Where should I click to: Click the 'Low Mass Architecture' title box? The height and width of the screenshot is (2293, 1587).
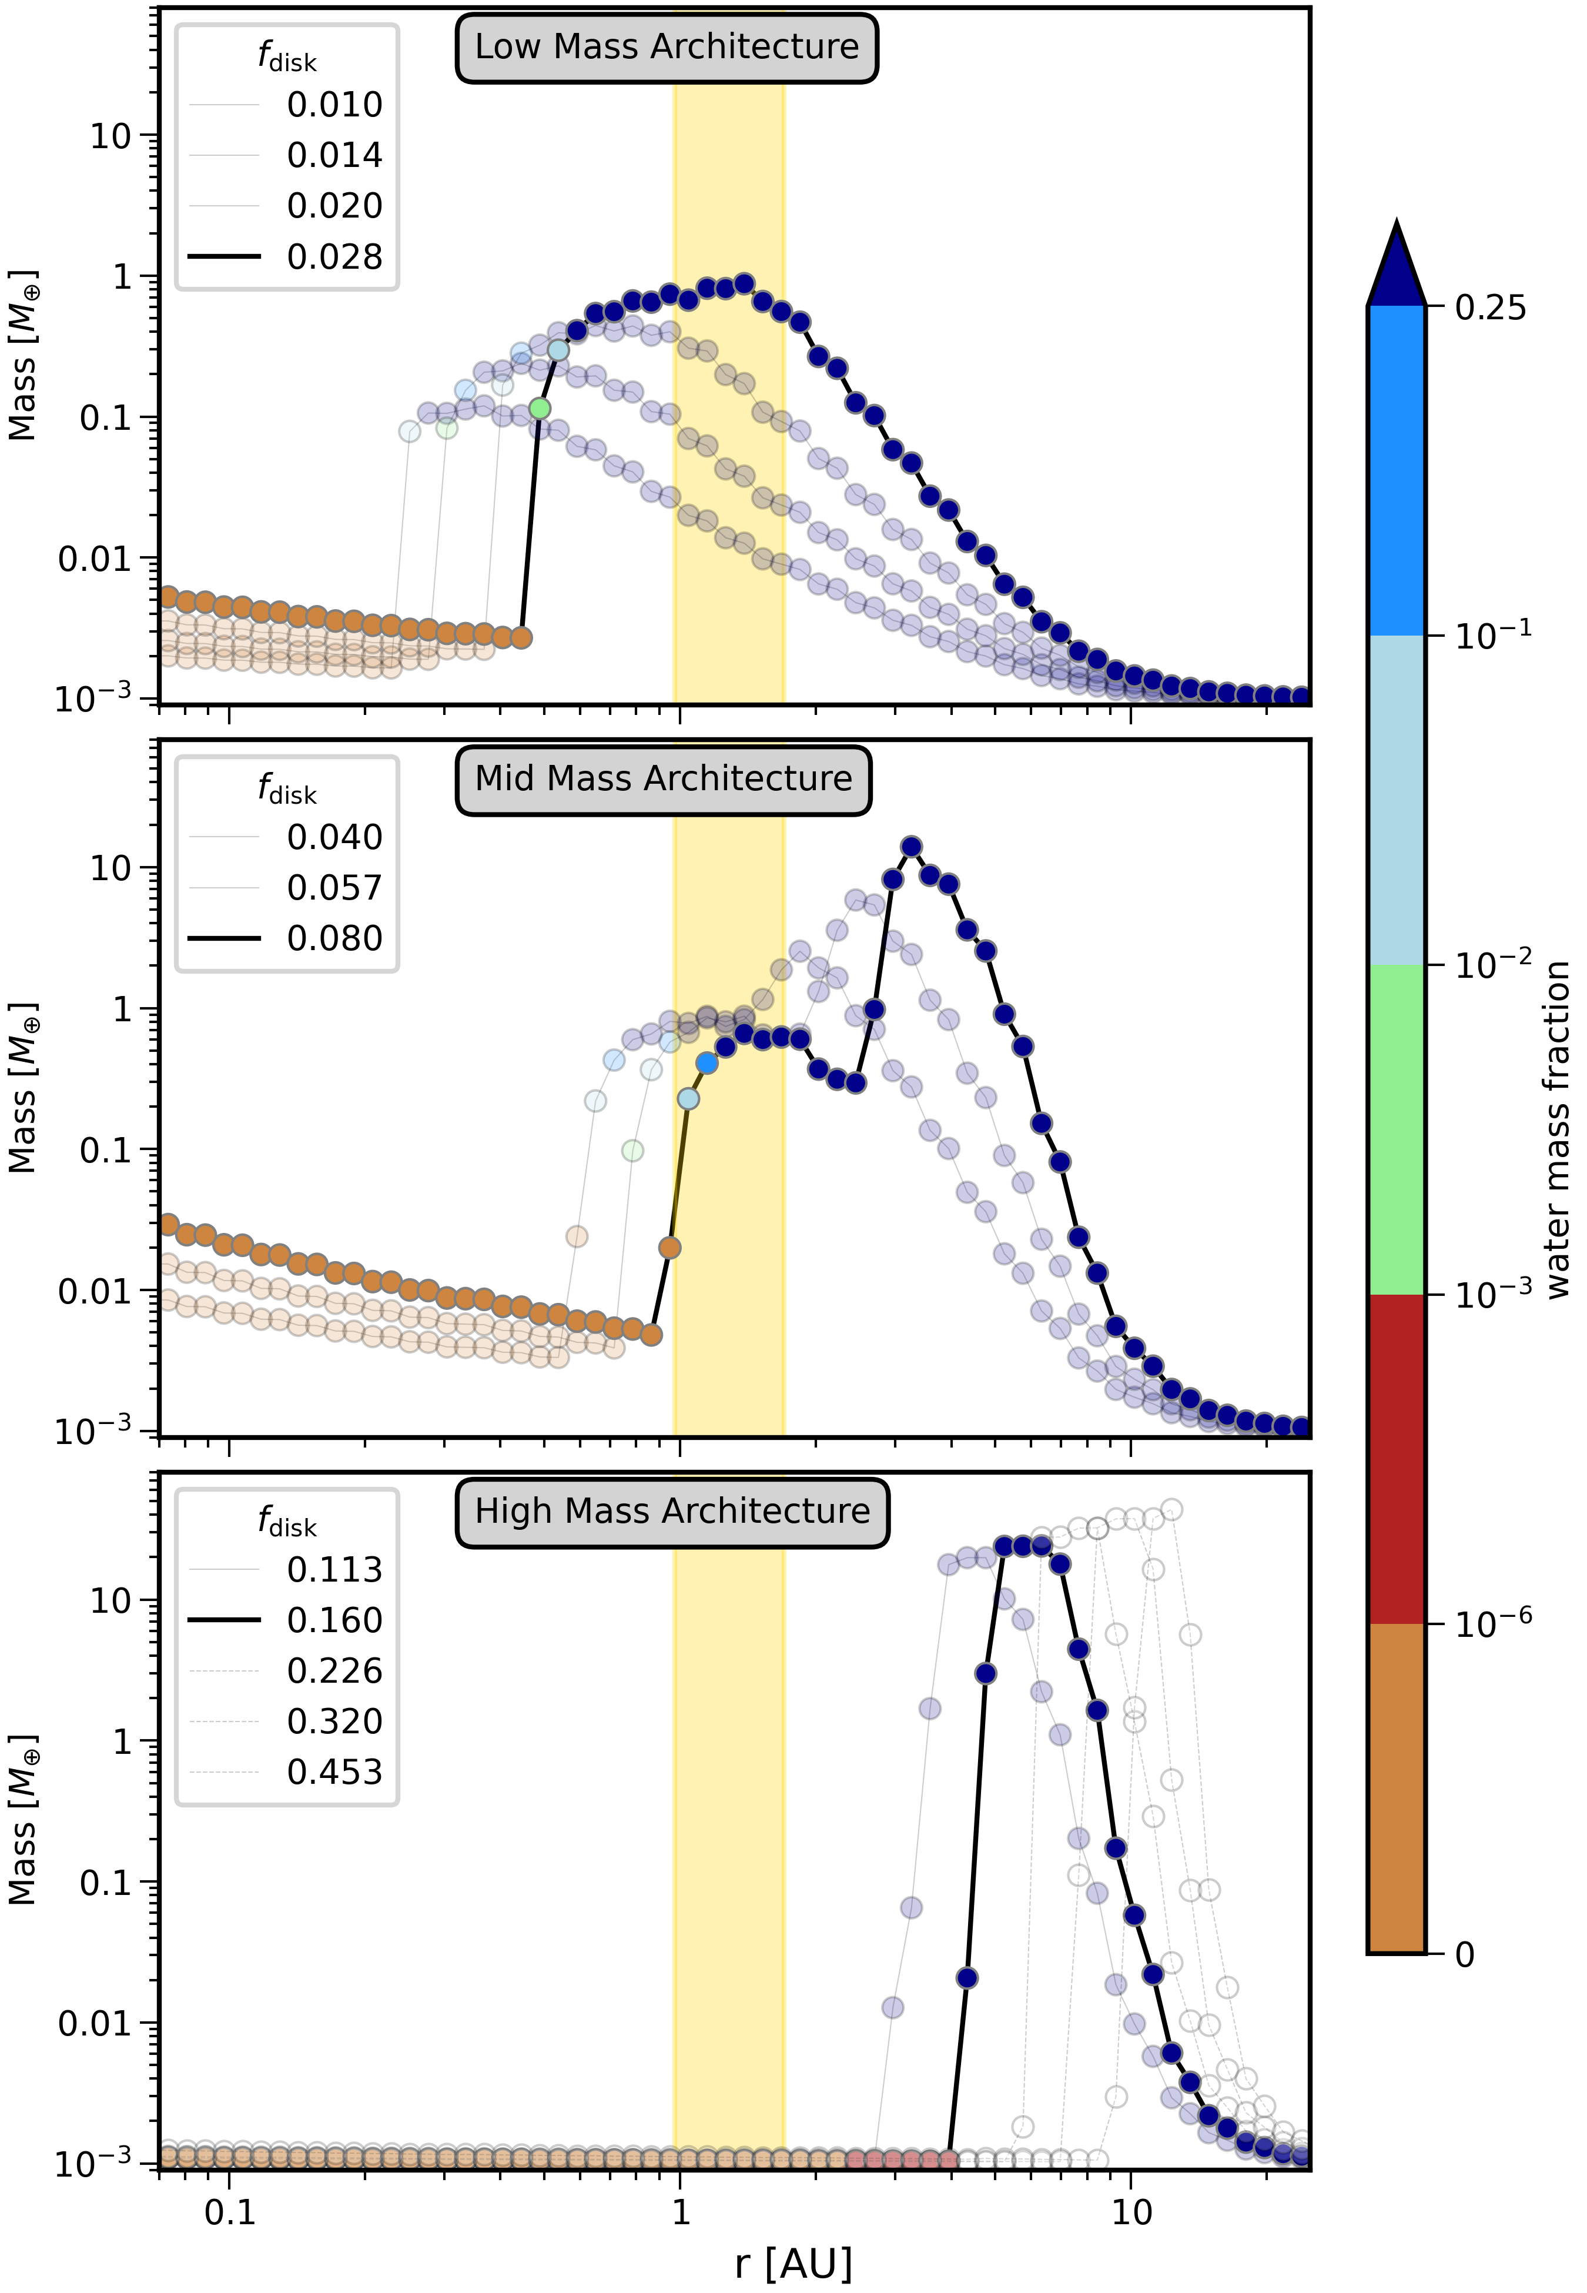(666, 46)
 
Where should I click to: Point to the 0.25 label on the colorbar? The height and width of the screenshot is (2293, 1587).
(1489, 308)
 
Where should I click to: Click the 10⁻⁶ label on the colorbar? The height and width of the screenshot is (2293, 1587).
(1492, 1624)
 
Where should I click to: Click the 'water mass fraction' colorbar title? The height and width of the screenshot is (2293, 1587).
(1557, 1129)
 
